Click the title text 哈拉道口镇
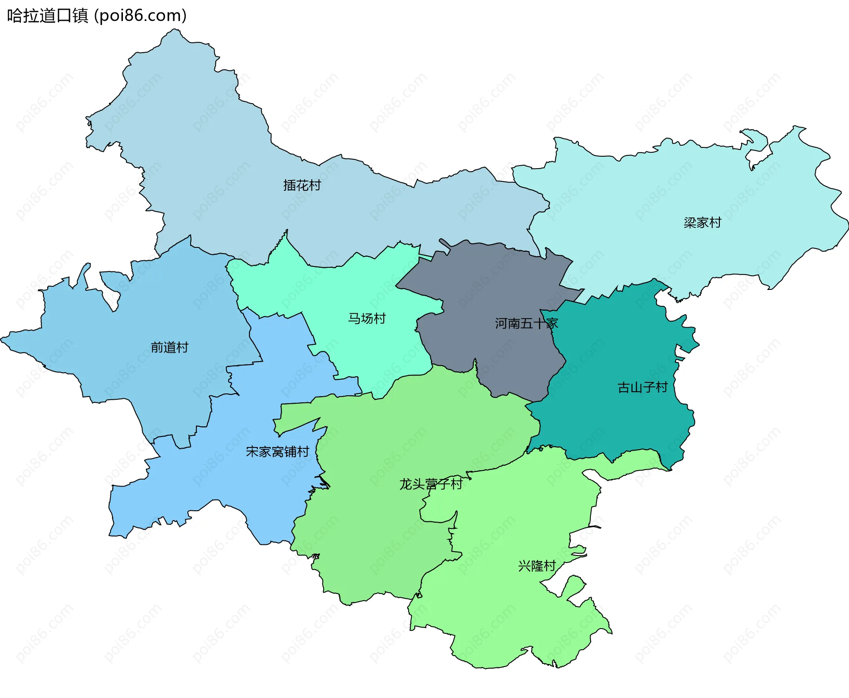click(x=48, y=16)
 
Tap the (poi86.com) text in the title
click(x=140, y=16)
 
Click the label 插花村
click(x=302, y=185)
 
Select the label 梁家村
click(x=702, y=222)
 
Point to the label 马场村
click(x=367, y=318)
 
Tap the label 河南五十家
click(x=526, y=324)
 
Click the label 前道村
click(x=169, y=347)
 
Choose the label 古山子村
click(x=642, y=387)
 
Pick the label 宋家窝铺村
click(x=277, y=451)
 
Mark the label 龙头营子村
click(x=431, y=484)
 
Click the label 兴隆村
click(x=536, y=566)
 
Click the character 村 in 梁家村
click(x=715, y=222)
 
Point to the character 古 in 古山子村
click(x=623, y=387)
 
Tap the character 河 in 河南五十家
click(x=501, y=324)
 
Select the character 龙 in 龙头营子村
click(x=405, y=484)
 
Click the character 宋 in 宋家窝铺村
click(x=252, y=451)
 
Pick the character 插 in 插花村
click(x=290, y=185)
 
